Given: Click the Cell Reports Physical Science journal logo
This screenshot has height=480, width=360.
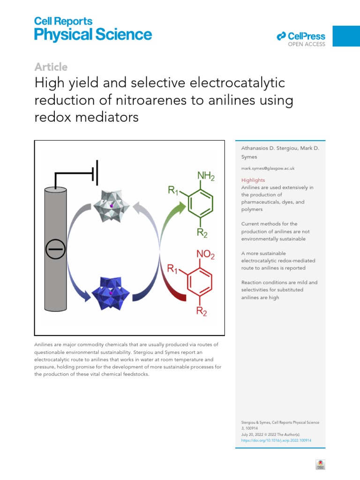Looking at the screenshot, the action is [93, 29].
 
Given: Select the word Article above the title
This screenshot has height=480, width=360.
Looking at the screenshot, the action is [51, 67].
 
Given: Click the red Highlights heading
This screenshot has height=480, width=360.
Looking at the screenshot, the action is [253, 180].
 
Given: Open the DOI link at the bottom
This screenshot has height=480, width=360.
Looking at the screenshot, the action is [276, 440].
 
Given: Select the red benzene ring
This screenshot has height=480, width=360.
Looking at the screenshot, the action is [200, 282].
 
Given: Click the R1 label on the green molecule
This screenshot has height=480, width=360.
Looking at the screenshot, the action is [173, 190].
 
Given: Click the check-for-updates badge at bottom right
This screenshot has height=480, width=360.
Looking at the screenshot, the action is [320, 464].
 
